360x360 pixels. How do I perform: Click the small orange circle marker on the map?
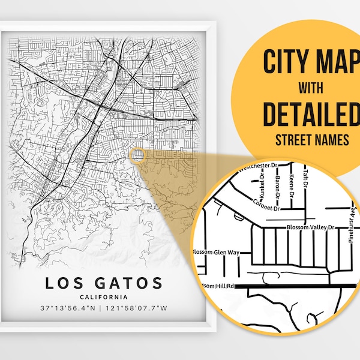pyautogui.click(x=137, y=155)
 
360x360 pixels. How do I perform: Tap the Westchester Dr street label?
pyautogui.click(x=241, y=167)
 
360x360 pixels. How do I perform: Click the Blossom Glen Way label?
pyautogui.click(x=215, y=252)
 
